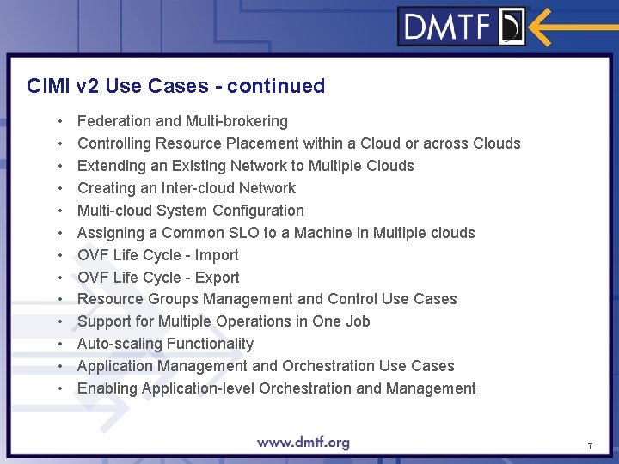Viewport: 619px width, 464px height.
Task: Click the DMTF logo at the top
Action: (x=463, y=27)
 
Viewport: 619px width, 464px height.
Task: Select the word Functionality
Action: (x=210, y=344)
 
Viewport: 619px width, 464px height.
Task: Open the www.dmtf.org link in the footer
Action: (x=303, y=443)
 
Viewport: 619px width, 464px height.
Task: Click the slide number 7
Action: (x=590, y=446)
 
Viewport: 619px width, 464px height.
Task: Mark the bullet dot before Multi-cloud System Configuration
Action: (x=60, y=211)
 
